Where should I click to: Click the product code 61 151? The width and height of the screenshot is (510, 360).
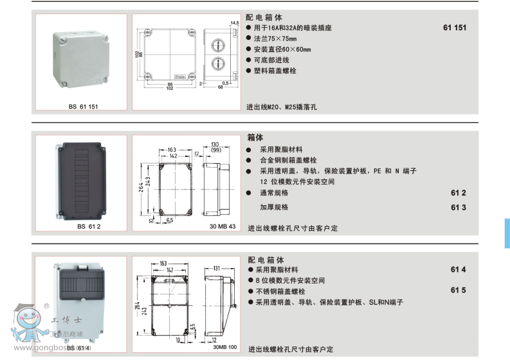455,28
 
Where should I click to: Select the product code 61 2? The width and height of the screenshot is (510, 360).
458,193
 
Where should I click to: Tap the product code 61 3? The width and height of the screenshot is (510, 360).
458,207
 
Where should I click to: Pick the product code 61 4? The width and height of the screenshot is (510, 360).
458,269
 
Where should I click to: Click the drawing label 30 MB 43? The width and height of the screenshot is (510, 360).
223,226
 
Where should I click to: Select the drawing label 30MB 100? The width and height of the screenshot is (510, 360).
224,348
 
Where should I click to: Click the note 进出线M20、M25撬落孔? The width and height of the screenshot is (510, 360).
282,107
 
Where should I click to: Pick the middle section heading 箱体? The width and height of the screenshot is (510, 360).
255,137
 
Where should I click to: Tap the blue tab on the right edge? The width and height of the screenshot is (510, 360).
507,233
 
